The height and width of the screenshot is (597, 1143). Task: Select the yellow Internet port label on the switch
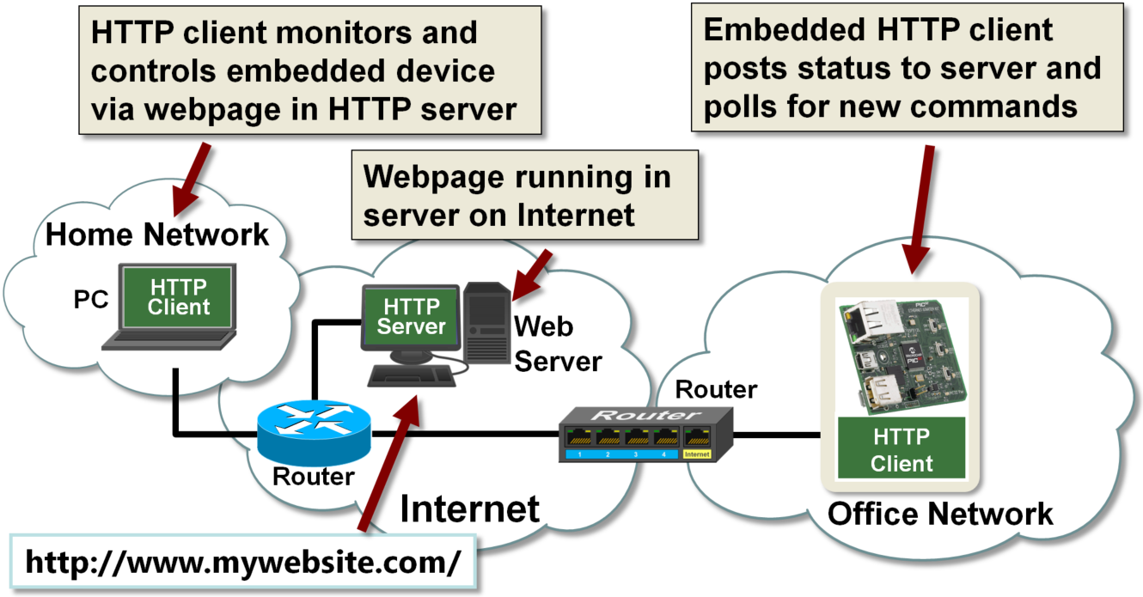[697, 454]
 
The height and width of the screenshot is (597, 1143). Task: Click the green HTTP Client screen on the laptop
[178, 296]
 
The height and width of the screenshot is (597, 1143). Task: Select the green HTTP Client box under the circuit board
[901, 449]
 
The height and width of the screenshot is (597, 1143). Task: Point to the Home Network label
[157, 234]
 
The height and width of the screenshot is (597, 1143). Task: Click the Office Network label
[939, 514]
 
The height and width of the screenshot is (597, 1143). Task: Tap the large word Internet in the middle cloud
[470, 509]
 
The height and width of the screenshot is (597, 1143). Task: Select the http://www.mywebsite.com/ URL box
[243, 562]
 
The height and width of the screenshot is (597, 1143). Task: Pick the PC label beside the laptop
[90, 300]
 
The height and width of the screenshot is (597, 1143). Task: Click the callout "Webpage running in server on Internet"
[524, 195]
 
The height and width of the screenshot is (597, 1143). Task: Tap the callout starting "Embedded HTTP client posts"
[907, 68]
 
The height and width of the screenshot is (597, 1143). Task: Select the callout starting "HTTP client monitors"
[309, 70]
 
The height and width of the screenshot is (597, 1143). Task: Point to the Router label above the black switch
[716, 389]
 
